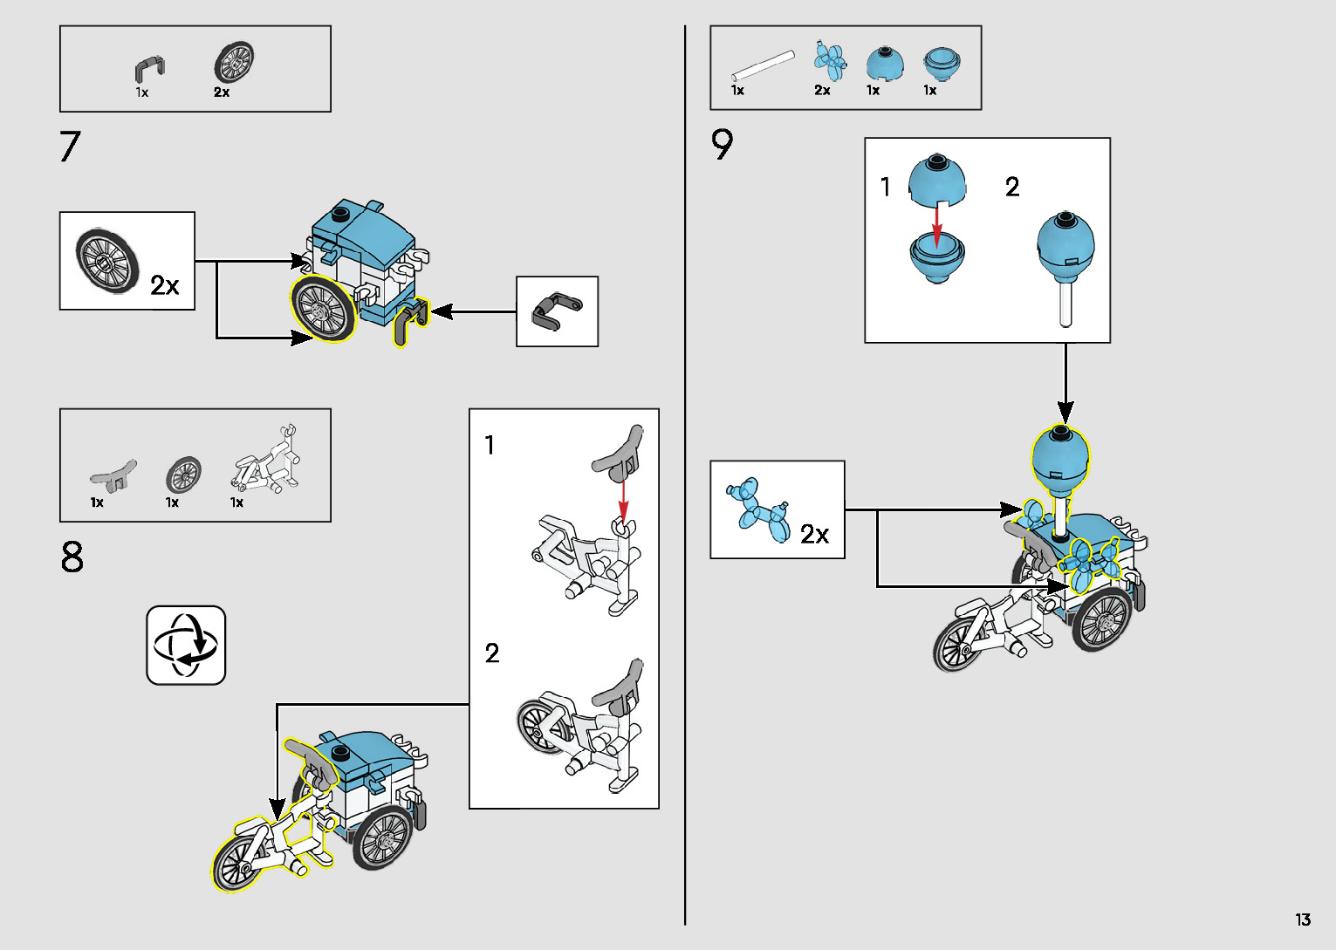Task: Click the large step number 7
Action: [x=70, y=147]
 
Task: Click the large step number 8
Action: [x=72, y=557]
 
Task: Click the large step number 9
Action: [x=722, y=145]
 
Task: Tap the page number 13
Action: [x=1302, y=919]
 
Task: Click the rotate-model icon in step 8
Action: [x=186, y=645]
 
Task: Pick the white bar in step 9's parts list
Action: [x=763, y=65]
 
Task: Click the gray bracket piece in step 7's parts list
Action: [x=149, y=68]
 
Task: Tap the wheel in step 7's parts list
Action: [x=234, y=63]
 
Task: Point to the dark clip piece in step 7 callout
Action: [x=556, y=311]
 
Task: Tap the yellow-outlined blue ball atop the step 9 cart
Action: [x=1061, y=458]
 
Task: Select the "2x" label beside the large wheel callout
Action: [x=164, y=285]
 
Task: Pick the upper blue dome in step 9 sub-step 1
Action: [x=937, y=179]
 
